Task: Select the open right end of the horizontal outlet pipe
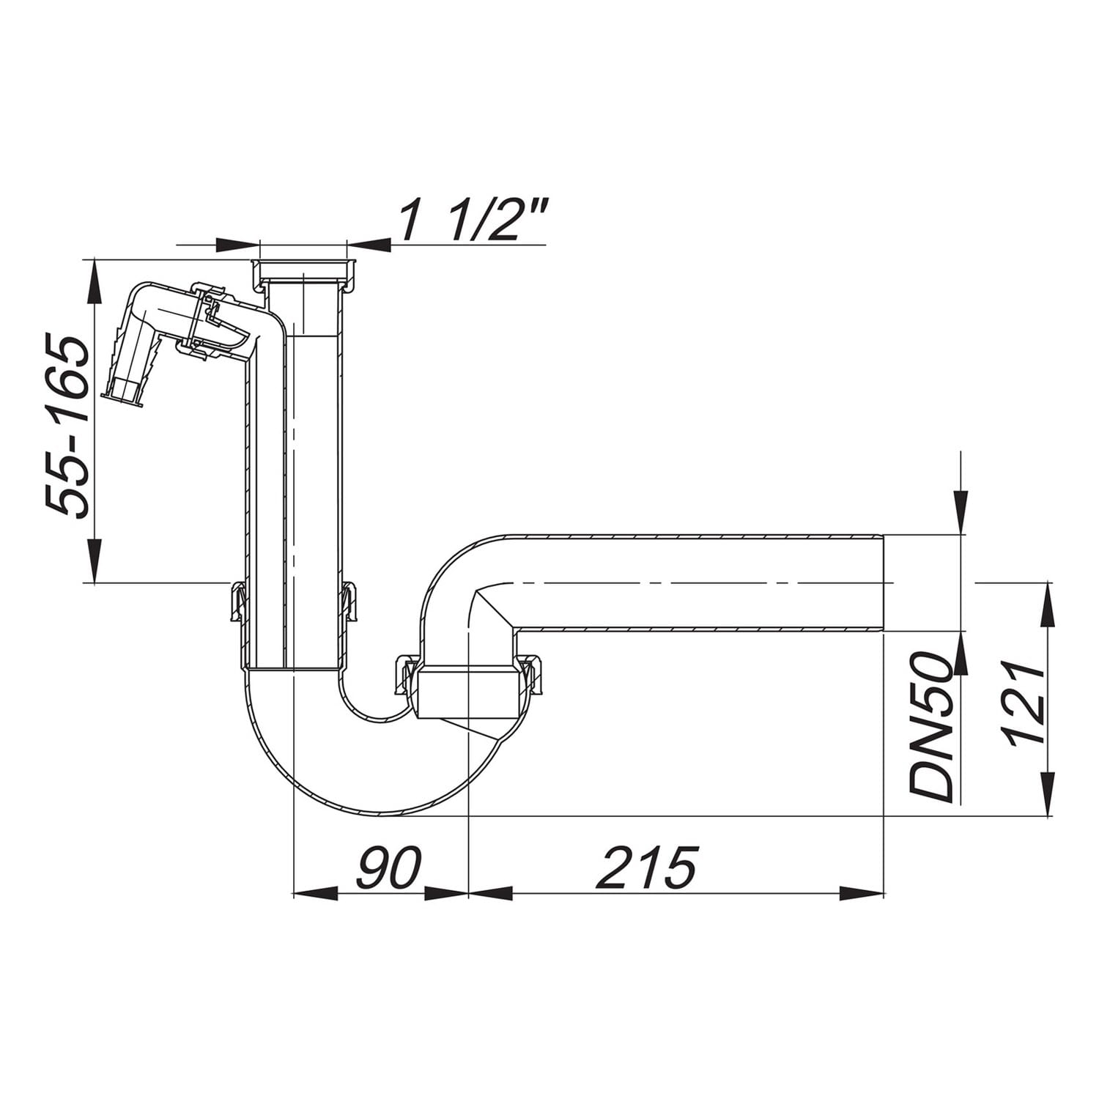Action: (884, 582)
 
